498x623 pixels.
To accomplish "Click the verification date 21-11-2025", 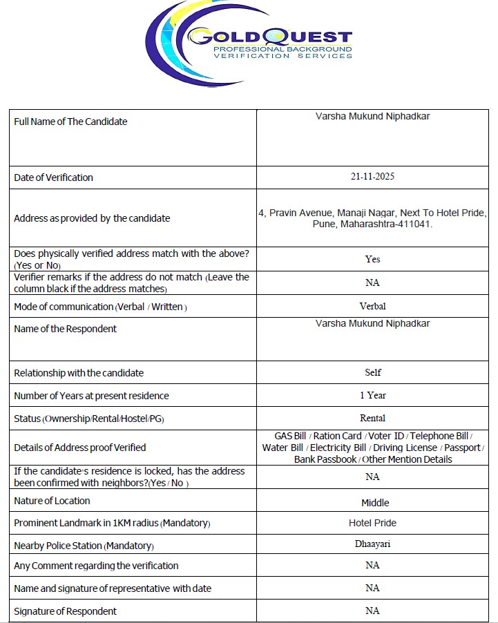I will coord(372,177).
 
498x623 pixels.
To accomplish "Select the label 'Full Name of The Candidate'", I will coord(70,122).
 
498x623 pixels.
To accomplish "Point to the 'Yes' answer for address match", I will coord(372,259).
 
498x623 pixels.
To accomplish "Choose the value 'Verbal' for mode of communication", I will coord(372,305).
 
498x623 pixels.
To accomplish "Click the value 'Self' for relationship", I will coord(372,372).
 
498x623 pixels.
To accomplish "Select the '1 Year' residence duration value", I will coord(372,395).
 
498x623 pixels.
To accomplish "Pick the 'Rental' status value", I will coord(372,418).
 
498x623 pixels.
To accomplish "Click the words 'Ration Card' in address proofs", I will coord(338,436).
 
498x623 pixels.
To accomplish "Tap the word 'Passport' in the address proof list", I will coord(462,448).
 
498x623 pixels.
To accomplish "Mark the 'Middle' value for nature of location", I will coord(375,503).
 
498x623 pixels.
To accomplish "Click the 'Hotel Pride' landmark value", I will coord(372,523).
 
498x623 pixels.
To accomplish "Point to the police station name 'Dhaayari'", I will coord(372,544).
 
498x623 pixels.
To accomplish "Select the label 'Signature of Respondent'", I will coord(65,611).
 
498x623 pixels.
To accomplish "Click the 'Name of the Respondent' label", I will coord(65,329).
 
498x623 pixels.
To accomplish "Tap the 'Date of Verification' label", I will coord(53,178).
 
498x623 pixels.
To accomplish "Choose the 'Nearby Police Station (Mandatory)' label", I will coord(84,546).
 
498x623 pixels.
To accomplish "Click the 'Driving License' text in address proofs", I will coord(405,448).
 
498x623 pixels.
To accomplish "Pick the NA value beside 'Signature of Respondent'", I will coord(372,611).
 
